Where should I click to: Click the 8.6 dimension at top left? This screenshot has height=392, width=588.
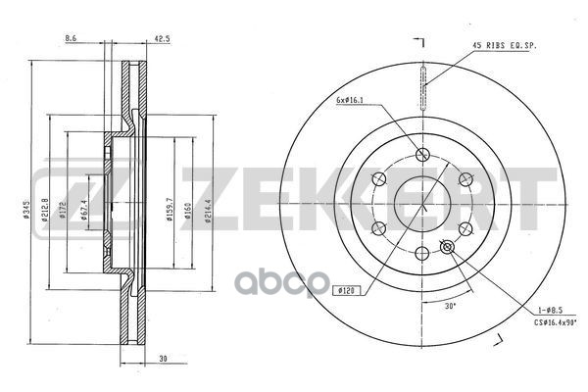[x=70, y=39]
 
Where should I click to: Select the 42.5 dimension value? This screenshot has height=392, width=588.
[x=162, y=39]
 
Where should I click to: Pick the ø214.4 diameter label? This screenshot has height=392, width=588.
[x=208, y=208]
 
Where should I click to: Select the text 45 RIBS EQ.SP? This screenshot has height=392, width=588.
[x=505, y=45]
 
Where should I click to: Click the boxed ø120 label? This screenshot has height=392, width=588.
[x=345, y=290]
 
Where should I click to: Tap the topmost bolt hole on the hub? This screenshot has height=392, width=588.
[x=422, y=153]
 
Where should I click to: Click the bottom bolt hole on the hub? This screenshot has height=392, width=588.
[x=422, y=252]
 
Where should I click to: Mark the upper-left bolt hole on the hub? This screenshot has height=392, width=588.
[x=380, y=177]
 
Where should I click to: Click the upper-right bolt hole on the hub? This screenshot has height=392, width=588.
[x=465, y=177]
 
